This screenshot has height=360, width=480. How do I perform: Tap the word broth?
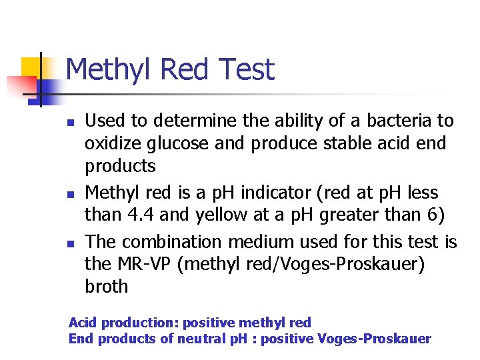click(x=107, y=287)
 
